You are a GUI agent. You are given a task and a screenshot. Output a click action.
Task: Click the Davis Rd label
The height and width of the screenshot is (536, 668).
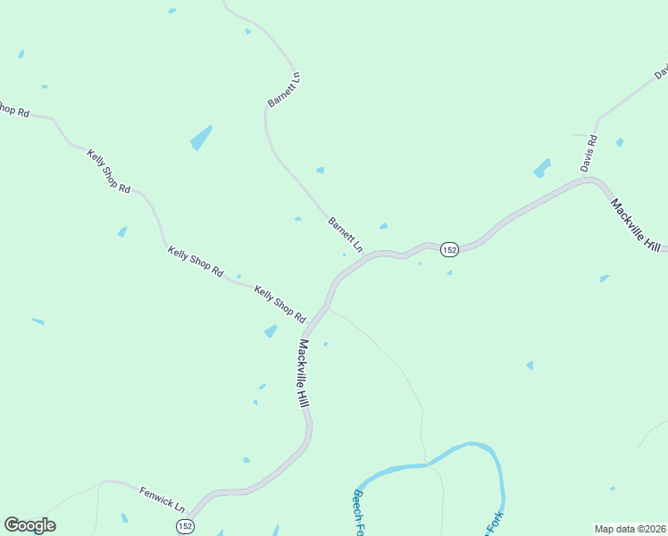click(588, 154)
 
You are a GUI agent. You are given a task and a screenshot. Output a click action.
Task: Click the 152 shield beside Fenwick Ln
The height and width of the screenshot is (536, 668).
click(184, 526)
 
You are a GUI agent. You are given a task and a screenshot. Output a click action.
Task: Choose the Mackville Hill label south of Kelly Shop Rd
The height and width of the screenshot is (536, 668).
click(304, 374)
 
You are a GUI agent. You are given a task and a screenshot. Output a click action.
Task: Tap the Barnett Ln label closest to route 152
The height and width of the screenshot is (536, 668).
click(346, 233)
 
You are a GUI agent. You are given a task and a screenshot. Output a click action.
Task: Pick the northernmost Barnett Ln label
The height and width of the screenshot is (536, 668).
click(284, 90)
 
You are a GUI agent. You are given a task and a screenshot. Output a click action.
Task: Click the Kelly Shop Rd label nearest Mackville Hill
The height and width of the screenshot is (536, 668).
click(280, 304)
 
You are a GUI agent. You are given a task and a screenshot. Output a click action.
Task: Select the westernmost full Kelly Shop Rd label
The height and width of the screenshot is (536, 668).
click(109, 171)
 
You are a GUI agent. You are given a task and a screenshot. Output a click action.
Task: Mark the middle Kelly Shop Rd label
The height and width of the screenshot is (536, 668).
click(194, 260)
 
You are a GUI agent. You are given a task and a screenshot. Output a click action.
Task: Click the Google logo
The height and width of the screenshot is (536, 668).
click(29, 525)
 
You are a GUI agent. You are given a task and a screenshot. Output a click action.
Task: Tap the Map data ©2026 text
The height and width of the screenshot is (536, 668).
click(630, 529)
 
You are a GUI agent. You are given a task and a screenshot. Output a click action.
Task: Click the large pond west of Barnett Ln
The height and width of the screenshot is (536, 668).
click(201, 138)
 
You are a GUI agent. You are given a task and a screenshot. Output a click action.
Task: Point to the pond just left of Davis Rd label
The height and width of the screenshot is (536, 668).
click(541, 168)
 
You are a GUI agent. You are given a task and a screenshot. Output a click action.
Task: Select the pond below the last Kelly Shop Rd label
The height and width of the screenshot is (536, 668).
click(271, 331)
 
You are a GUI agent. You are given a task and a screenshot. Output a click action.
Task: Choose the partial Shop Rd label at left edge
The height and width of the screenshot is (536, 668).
click(14, 111)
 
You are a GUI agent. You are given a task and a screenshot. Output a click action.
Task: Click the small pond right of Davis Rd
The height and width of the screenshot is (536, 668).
click(620, 142)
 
